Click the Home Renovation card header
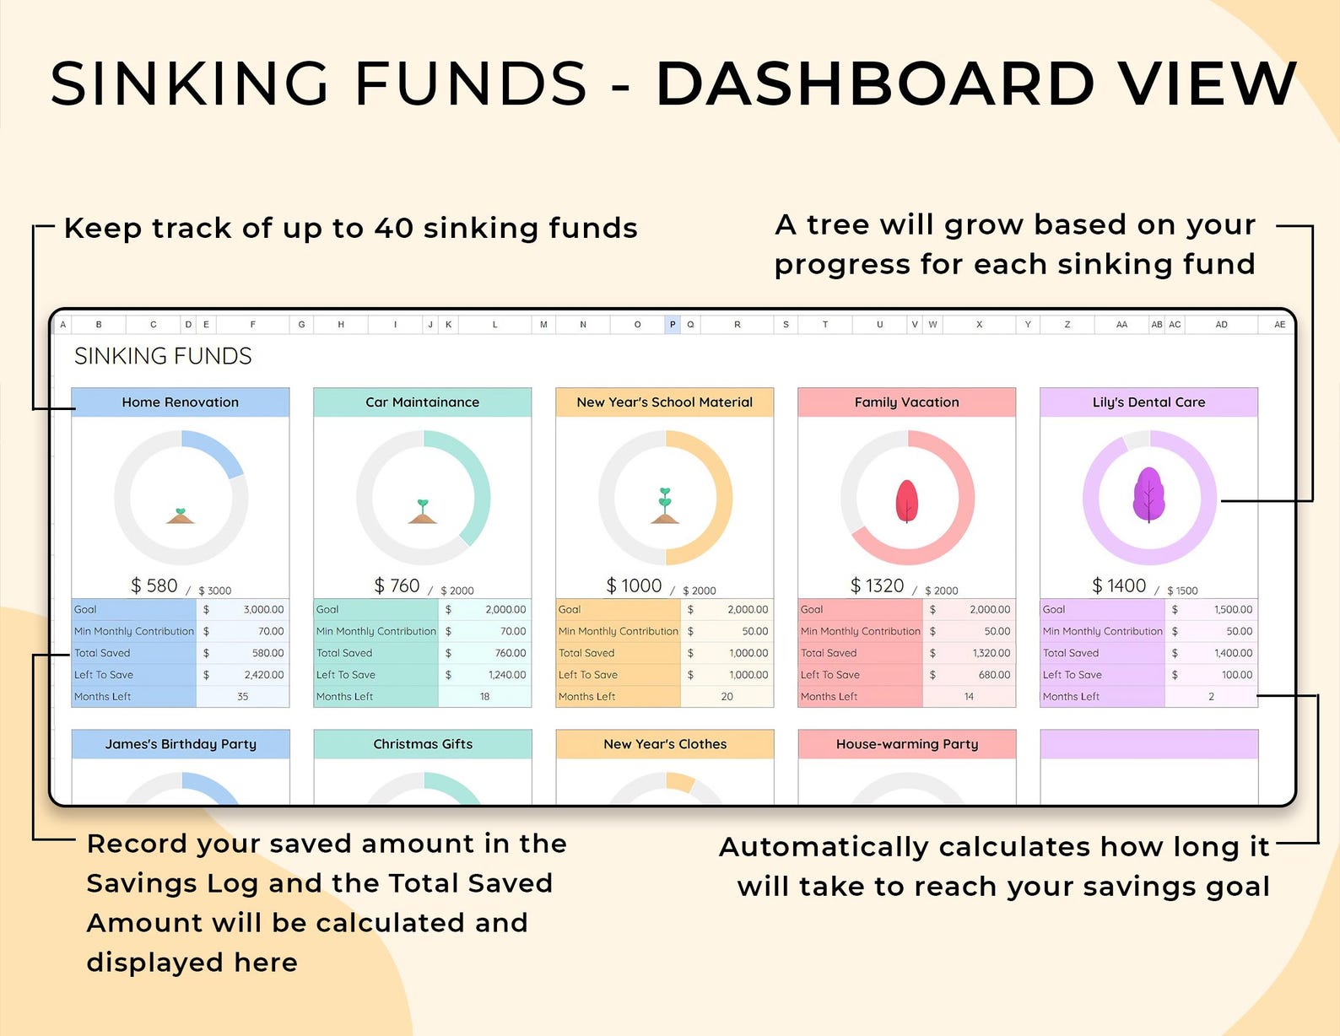point(180,402)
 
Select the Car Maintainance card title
point(423,402)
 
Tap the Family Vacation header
point(906,402)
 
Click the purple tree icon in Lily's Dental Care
point(1148,495)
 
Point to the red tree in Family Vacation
point(906,500)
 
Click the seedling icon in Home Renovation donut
point(180,515)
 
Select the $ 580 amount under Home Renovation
point(154,585)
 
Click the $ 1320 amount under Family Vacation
point(877,585)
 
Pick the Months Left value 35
point(243,696)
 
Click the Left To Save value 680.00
point(994,675)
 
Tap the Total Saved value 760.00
point(510,653)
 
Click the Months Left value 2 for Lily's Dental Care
point(1211,696)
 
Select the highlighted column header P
point(673,324)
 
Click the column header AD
point(1221,324)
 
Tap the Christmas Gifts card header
point(423,744)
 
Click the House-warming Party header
point(906,744)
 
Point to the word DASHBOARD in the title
point(875,84)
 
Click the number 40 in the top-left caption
point(393,228)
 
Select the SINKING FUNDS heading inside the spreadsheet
point(163,356)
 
